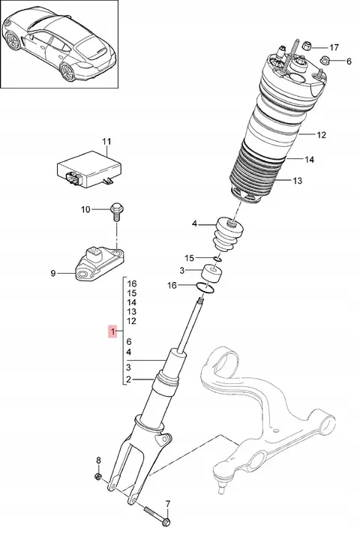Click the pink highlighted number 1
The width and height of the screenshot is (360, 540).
tap(112, 331)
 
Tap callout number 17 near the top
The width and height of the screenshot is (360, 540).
tap(334, 47)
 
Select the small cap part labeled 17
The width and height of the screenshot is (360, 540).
tap(307, 46)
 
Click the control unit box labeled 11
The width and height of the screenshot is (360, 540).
tap(90, 169)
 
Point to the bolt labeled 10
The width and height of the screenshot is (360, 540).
tap(117, 212)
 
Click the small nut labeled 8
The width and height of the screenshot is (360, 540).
tap(97, 477)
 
